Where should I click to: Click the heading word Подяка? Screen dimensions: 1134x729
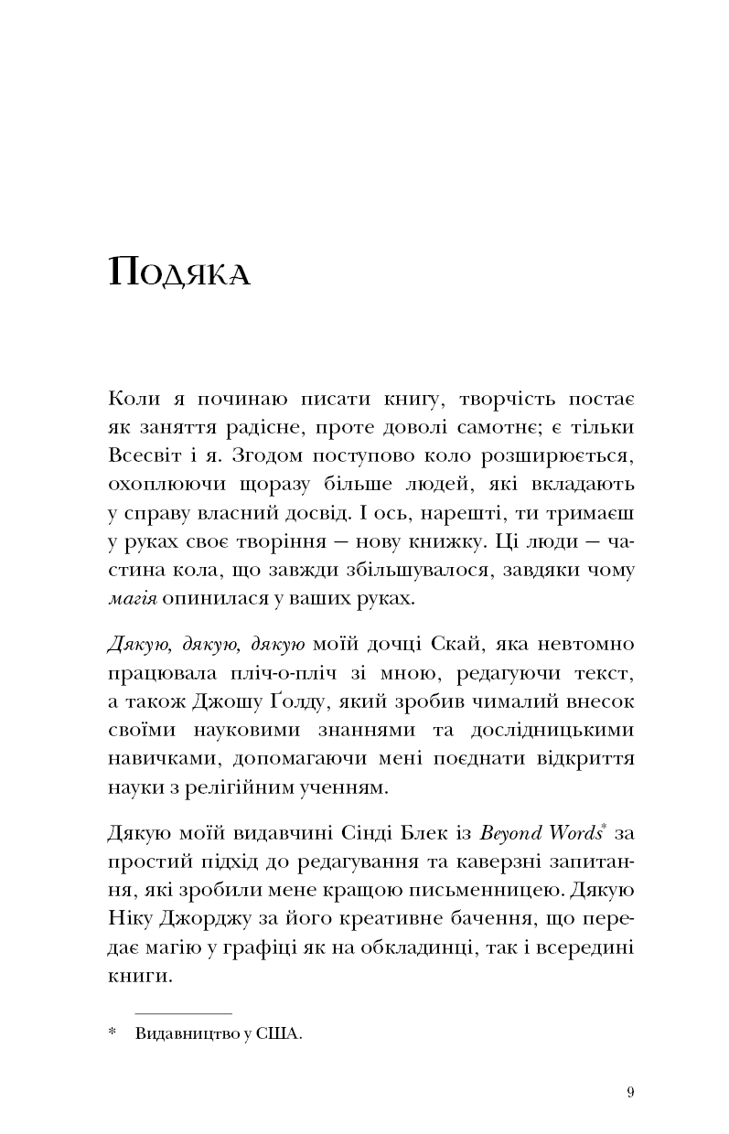(x=178, y=273)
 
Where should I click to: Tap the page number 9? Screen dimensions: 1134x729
(x=631, y=1092)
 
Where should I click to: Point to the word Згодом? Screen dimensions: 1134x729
(x=266, y=455)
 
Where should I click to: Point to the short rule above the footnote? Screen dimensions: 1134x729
(x=183, y=1013)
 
